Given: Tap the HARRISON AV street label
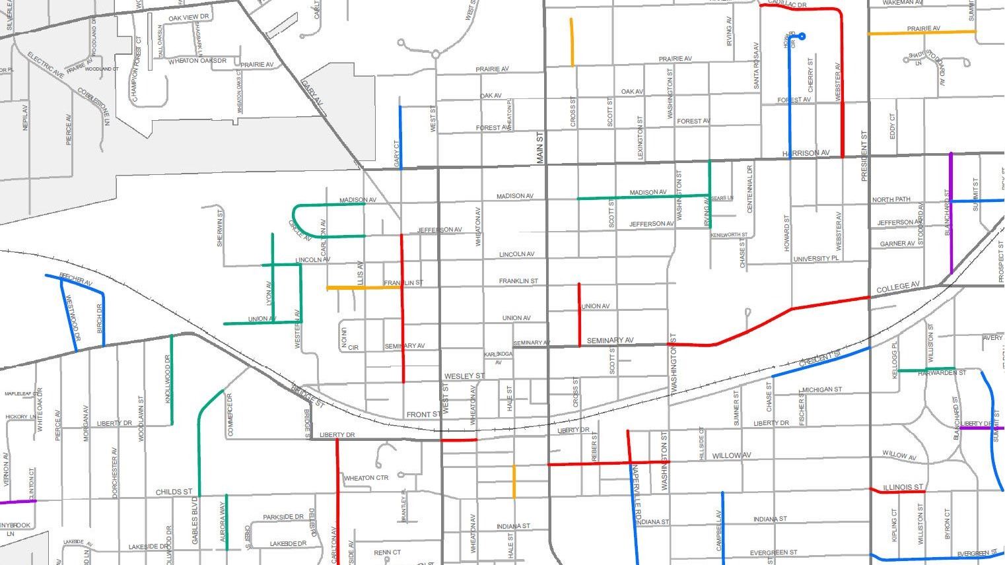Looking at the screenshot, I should [x=806, y=153].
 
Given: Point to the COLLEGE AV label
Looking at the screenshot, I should [x=897, y=288].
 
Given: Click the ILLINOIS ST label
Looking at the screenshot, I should [x=903, y=487].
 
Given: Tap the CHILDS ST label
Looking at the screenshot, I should [x=174, y=492].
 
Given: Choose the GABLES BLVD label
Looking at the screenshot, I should [x=195, y=525].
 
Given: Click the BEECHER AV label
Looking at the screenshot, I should [x=75, y=279].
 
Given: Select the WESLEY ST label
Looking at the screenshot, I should [x=464, y=376].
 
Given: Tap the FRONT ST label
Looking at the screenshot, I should [x=423, y=415].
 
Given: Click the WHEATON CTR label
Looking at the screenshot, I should [x=366, y=478].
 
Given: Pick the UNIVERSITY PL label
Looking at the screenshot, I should [x=815, y=259].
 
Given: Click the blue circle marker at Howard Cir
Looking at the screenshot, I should [x=802, y=36].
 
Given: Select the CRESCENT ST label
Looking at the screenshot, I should [x=820, y=360].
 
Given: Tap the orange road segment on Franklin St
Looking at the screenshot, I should [x=363, y=288].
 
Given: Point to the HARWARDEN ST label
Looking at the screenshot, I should [x=942, y=373].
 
